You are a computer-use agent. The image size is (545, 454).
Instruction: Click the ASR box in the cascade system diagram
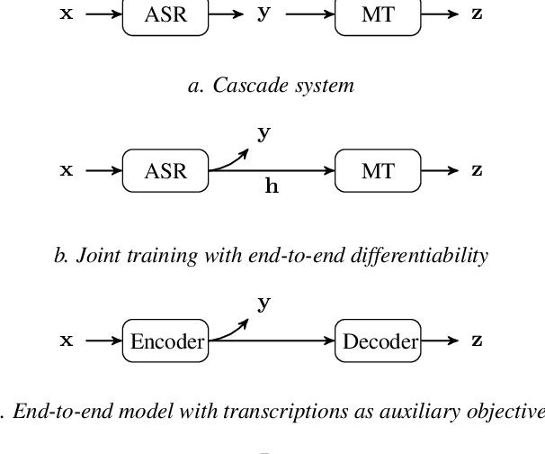point(165,16)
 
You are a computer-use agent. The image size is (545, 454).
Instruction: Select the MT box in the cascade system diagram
point(378,16)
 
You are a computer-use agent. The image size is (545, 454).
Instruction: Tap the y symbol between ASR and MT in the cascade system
point(264,15)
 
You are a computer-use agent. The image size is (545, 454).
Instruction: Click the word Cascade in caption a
point(239,86)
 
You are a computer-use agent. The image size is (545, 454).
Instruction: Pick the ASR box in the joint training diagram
point(165,170)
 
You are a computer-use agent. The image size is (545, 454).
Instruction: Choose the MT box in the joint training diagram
point(378,170)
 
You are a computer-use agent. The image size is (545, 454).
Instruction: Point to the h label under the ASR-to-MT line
point(270,187)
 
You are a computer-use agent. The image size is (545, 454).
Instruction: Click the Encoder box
point(167,340)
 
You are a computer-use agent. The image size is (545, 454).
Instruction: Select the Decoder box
point(380,340)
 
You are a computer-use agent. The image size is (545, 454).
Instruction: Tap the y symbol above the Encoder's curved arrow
point(264,304)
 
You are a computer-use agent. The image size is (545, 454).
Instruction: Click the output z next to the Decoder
point(477,340)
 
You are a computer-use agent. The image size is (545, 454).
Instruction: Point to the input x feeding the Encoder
point(66,340)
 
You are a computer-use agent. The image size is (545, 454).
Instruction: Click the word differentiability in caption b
point(423,256)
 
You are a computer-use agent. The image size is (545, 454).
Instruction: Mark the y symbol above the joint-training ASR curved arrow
point(264,133)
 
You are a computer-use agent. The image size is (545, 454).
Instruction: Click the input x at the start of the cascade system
point(66,15)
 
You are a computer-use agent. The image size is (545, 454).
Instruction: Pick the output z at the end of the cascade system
point(477,15)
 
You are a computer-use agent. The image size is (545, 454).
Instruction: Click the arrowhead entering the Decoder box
point(331,340)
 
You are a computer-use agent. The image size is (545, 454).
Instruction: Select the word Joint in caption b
point(96,256)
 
